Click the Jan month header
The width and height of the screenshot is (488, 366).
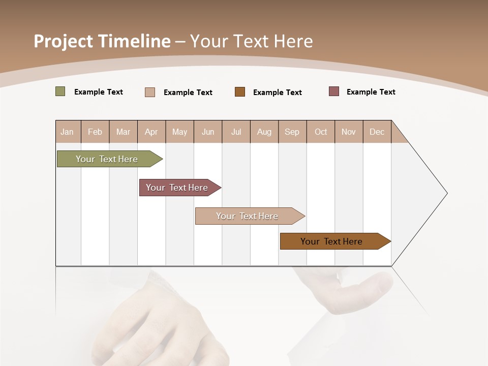point(68,132)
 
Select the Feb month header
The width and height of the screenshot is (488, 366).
point(95,132)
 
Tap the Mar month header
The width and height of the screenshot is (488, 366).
point(123,132)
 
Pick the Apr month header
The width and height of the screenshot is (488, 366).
point(151,132)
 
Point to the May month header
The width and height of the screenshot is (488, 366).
point(179,132)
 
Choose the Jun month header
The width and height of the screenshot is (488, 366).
point(208,132)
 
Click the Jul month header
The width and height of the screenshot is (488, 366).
point(236,132)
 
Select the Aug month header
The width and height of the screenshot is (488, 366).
point(264,132)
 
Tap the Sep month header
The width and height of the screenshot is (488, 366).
point(292,132)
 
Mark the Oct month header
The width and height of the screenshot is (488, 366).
point(321,132)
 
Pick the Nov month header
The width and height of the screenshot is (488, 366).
point(349,132)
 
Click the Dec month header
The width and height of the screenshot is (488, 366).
point(377,132)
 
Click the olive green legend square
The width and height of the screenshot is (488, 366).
point(60,91)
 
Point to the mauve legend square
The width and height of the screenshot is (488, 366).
point(334,91)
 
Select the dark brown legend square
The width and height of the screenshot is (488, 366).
point(240,91)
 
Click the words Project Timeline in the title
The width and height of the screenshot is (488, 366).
point(102,41)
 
